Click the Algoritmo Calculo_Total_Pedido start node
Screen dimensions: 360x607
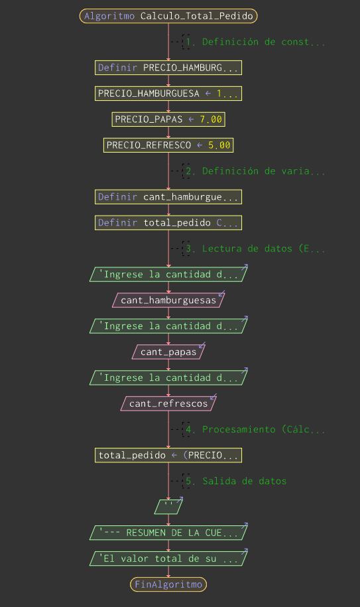pos(168,16)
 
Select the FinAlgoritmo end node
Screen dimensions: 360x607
pos(168,584)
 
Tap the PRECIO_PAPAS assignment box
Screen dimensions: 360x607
pos(168,119)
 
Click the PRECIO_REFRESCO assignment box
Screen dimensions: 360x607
pos(168,145)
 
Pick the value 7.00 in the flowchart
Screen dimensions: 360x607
pos(211,119)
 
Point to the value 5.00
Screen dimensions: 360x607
pos(219,145)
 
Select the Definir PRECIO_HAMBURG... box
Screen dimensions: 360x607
pos(168,68)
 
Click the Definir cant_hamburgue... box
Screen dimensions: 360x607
pos(168,197)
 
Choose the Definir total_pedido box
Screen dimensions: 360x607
pos(168,223)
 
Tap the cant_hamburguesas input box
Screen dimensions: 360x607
pos(168,300)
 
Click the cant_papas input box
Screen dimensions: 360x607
pos(168,352)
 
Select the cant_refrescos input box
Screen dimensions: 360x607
pos(168,403)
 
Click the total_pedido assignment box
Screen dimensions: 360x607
pos(168,455)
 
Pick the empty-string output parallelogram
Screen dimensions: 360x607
pos(168,507)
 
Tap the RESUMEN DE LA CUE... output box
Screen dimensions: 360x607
pos(168,533)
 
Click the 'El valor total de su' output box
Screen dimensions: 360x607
pos(168,559)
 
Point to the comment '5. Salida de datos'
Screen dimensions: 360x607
pos(236,481)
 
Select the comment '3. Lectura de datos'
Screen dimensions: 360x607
pos(255,249)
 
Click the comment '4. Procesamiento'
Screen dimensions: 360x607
pos(255,429)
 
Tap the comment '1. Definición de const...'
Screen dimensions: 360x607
pos(255,42)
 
